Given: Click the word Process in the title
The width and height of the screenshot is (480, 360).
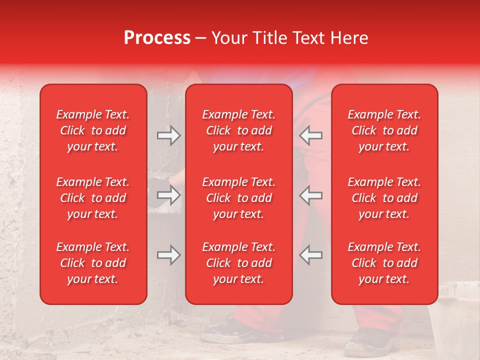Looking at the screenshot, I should coord(157,38).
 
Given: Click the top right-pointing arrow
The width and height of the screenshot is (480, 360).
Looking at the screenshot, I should coord(169,135).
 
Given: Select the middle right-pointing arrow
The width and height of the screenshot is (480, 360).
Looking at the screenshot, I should coord(169,195).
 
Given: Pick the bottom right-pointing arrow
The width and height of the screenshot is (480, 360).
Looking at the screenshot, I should coord(169,255).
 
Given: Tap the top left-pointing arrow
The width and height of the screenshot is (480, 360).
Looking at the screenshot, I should coord(311,135).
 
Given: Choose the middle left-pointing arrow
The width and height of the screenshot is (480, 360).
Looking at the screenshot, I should coord(311,195).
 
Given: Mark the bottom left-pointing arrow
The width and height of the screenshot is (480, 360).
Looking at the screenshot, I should coord(311,255).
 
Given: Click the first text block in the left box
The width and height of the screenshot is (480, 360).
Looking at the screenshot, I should coord(93,130).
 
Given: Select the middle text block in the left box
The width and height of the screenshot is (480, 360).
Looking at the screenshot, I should coord(93,198).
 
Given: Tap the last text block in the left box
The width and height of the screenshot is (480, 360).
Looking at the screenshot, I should coord(93,263).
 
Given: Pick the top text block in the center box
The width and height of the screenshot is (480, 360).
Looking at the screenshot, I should coord(238,130).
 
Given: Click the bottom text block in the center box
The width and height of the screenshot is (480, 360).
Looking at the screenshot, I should coord(238,263).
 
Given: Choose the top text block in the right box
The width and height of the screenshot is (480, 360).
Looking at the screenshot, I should coord(384,130).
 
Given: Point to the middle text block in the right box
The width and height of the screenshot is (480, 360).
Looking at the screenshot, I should coord(384,198).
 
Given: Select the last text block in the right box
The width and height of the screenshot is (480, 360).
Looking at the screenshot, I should coord(384,263).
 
